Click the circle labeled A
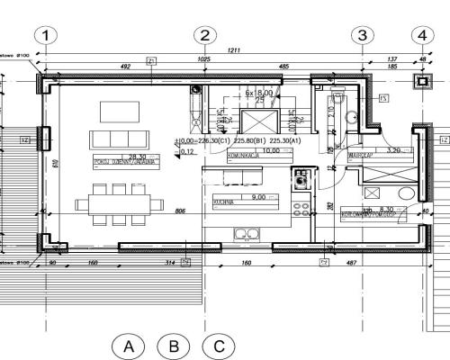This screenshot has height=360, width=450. click(129, 346)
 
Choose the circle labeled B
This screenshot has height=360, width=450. click(173, 346)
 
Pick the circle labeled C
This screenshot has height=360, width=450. click(218, 346)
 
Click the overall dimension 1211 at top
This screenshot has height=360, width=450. click(234, 50)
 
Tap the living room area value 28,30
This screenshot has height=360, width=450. click(137, 157)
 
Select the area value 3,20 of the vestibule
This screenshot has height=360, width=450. click(393, 150)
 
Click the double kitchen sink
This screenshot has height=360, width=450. click(247, 235)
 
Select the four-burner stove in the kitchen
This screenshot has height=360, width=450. click(301, 207)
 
